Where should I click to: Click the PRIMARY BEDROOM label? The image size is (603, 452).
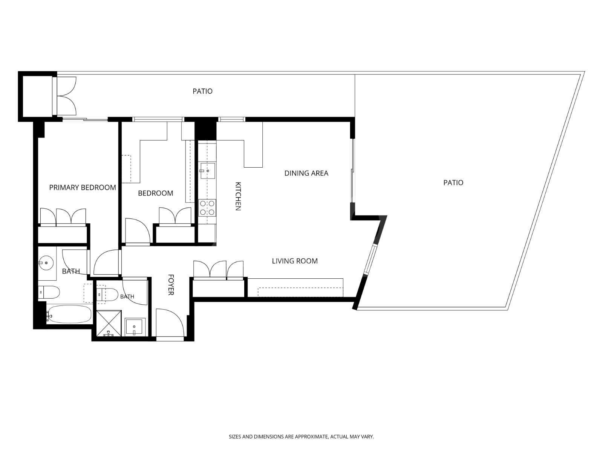point(83,188)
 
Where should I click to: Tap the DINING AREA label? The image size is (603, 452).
point(306,173)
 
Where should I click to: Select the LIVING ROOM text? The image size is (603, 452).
point(295,261)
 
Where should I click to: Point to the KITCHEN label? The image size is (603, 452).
point(238,196)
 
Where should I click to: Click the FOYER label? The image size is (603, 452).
point(171,285)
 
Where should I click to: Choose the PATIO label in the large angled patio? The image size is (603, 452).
point(453,183)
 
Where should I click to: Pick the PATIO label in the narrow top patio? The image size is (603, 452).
point(202,91)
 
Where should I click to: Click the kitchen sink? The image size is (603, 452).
point(207,171)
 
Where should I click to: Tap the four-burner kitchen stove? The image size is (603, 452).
point(207,208)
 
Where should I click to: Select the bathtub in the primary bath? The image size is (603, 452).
point(69,314)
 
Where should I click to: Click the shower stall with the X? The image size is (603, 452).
point(109,323)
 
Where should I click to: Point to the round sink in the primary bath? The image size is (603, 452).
point(46,263)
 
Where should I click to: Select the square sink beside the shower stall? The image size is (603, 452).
point(135,327)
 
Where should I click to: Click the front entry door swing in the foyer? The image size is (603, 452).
point(170,323)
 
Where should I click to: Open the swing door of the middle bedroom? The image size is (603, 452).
point(138,231)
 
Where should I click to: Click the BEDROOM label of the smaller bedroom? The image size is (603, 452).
point(156,193)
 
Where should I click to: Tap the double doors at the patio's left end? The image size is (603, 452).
point(66,96)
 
